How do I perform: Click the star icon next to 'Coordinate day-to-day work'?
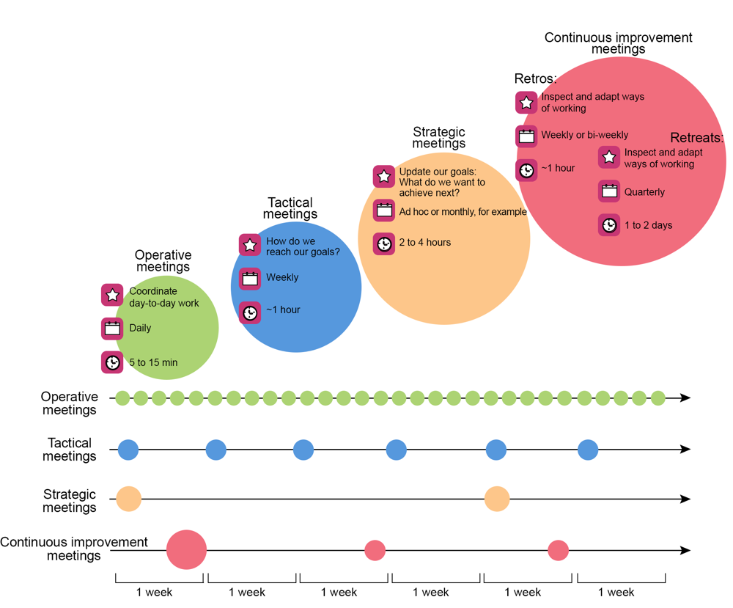[112, 295]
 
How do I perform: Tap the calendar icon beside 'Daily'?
[112, 329]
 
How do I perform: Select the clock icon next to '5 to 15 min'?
[112, 362]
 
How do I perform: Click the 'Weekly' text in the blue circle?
[282, 277]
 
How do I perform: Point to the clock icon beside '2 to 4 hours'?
[384, 243]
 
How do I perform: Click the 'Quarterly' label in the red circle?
[644, 192]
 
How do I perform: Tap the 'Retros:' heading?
[535, 79]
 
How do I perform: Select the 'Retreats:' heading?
[696, 139]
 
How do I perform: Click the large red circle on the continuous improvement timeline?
[186, 549]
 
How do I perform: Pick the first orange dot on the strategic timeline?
[129, 499]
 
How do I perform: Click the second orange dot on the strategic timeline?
[497, 499]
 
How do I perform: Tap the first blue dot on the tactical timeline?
[128, 450]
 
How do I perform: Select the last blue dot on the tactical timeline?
[588, 450]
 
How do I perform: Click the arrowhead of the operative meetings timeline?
[685, 398]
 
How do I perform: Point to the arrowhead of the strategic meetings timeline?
[685, 499]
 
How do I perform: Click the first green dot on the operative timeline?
[122, 398]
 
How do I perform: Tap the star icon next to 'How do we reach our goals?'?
[250, 245]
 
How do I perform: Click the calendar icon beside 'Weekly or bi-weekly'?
[526, 136]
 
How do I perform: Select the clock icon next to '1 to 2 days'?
[609, 225]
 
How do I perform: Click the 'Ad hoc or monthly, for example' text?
[463, 212]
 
